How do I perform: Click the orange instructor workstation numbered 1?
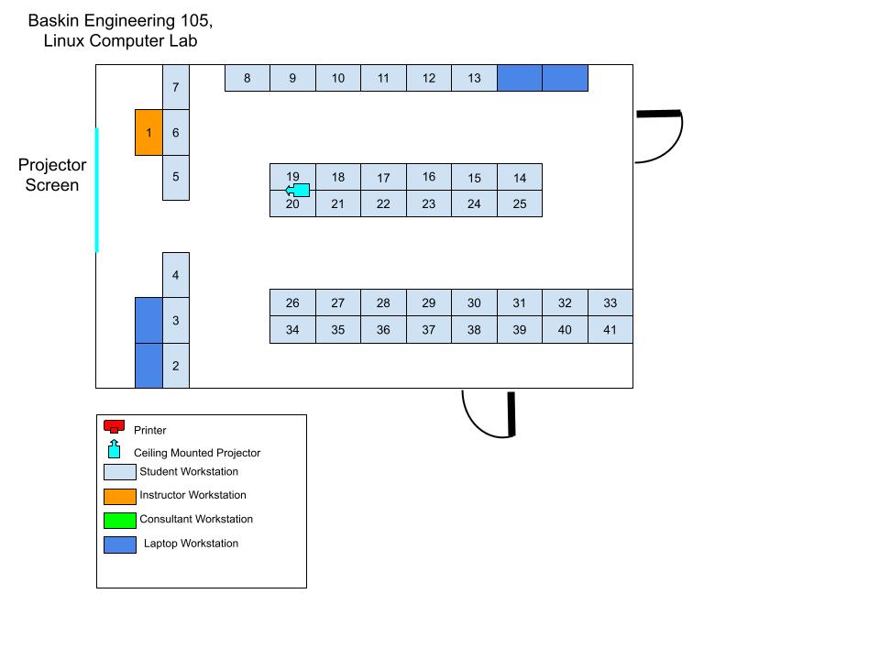point(148,133)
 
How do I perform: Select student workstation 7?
point(176,87)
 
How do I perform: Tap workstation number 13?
point(474,78)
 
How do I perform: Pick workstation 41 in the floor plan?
point(610,330)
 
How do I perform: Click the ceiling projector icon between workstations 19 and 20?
point(297,191)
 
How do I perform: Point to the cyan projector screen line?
point(96,190)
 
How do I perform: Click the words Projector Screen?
point(52,175)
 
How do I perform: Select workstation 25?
point(520,203)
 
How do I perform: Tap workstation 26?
point(292,303)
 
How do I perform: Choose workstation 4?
point(176,275)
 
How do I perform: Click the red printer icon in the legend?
point(115,426)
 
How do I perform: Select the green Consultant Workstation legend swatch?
point(119,521)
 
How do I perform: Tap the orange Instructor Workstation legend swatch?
point(119,497)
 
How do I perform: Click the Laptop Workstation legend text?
point(191,544)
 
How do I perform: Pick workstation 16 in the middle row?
point(429,177)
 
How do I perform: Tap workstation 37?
point(429,330)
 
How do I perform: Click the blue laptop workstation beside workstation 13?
point(520,78)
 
